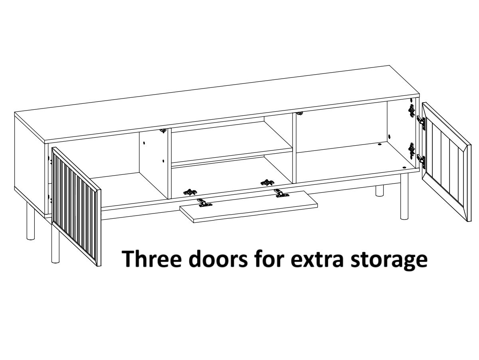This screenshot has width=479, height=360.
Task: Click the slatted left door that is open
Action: click(76, 206)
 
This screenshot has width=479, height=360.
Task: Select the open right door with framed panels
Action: click(446, 162)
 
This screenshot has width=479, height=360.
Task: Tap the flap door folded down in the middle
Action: click(249, 206)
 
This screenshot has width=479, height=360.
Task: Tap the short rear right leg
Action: click(380, 190)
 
